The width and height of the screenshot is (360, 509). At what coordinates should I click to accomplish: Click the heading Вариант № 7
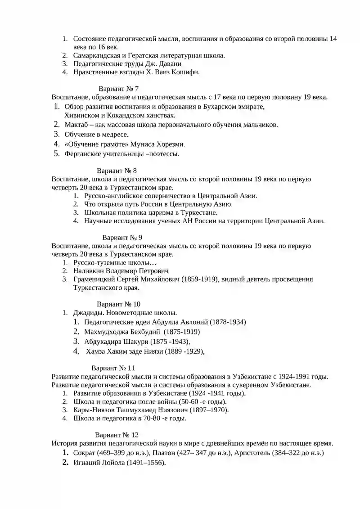[x=118, y=89]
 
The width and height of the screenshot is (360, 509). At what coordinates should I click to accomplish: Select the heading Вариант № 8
[x=117, y=171]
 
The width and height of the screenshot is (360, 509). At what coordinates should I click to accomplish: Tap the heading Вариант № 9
[x=122, y=237]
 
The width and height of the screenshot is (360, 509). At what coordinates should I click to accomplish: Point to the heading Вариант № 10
[x=118, y=304]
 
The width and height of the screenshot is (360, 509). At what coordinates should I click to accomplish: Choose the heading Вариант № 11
[x=113, y=368]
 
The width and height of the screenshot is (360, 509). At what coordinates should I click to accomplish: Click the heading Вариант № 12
[x=117, y=435]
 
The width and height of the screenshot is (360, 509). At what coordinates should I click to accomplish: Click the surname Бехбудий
[x=140, y=332]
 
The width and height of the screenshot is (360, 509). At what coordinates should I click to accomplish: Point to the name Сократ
[x=84, y=453]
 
